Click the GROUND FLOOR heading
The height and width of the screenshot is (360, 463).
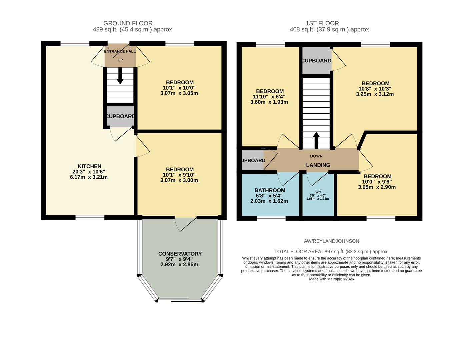[x=128, y=23]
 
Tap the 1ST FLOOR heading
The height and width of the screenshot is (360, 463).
[x=322, y=23]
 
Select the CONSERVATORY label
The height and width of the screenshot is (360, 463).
[x=180, y=254]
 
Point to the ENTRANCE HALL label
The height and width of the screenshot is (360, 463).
[x=120, y=51]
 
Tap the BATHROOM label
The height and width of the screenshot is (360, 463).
[x=270, y=190]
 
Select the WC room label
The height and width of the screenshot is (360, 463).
[x=318, y=192]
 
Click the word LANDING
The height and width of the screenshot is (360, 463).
[x=318, y=165]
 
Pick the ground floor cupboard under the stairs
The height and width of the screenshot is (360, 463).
[x=120, y=116]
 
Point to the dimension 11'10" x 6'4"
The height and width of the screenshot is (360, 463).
[x=269, y=97]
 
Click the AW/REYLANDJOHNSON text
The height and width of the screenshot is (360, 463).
[x=331, y=241]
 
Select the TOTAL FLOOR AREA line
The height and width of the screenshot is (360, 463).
[x=331, y=252]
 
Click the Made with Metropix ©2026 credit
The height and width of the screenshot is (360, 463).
[x=331, y=279]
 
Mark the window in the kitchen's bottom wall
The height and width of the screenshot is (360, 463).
[x=90, y=218]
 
